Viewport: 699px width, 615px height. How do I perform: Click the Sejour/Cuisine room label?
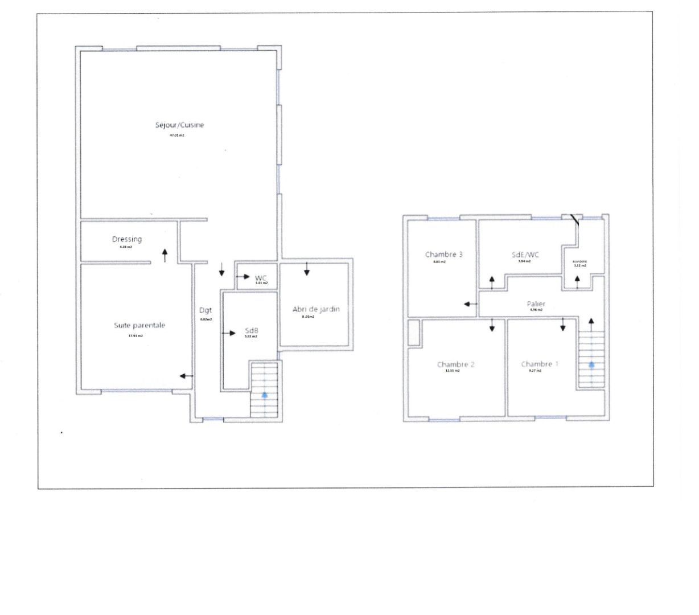pyautogui.click(x=179, y=125)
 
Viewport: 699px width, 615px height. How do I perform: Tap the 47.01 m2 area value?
pyautogui.click(x=177, y=136)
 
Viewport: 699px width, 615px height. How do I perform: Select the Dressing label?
pyautogui.click(x=126, y=239)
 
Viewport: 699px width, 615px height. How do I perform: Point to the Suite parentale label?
pyautogui.click(x=139, y=325)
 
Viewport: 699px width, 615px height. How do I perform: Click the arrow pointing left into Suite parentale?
pyautogui.click(x=186, y=375)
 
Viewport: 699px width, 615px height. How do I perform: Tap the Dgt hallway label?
pyautogui.click(x=205, y=310)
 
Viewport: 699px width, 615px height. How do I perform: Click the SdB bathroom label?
pyautogui.click(x=251, y=330)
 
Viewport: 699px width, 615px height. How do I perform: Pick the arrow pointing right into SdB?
pyautogui.click(x=229, y=333)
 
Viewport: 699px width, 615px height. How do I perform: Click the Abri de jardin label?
pyautogui.click(x=316, y=309)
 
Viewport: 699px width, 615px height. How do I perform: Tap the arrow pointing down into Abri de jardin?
pyautogui.click(x=307, y=269)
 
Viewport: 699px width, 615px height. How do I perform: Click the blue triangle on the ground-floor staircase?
pyautogui.click(x=264, y=393)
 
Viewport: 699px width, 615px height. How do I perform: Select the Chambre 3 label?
pyautogui.click(x=444, y=254)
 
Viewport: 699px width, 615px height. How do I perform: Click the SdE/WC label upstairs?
pyautogui.click(x=525, y=255)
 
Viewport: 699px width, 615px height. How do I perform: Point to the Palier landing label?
pyautogui.click(x=536, y=304)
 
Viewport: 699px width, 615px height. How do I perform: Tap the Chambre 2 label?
pyautogui.click(x=456, y=364)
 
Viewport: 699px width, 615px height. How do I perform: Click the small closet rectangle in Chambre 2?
pyautogui.click(x=414, y=333)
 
